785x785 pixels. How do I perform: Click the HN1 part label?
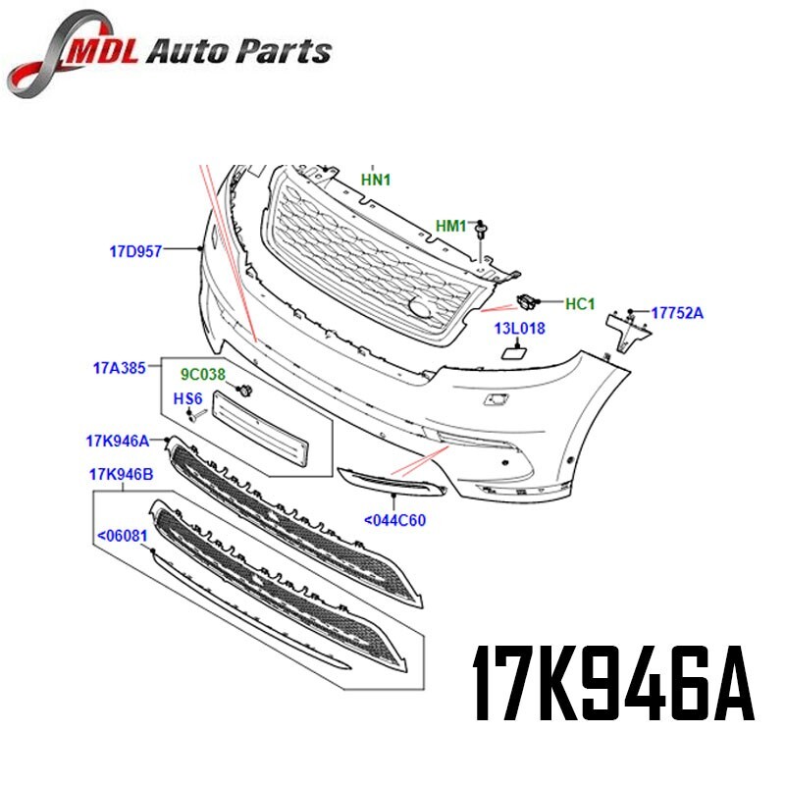point(376,180)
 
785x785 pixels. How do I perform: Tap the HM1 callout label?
point(451,227)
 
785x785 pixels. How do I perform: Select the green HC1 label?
point(579,304)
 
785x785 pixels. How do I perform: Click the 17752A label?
point(678,313)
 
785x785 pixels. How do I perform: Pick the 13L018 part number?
point(519,329)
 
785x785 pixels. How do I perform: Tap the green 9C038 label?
point(201,374)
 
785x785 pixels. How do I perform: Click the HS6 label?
point(187,398)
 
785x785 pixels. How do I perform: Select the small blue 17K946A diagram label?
point(117,440)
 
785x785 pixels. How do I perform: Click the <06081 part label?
point(122,537)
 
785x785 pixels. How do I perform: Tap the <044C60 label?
point(394,520)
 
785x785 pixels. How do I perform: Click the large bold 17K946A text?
point(613,682)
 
